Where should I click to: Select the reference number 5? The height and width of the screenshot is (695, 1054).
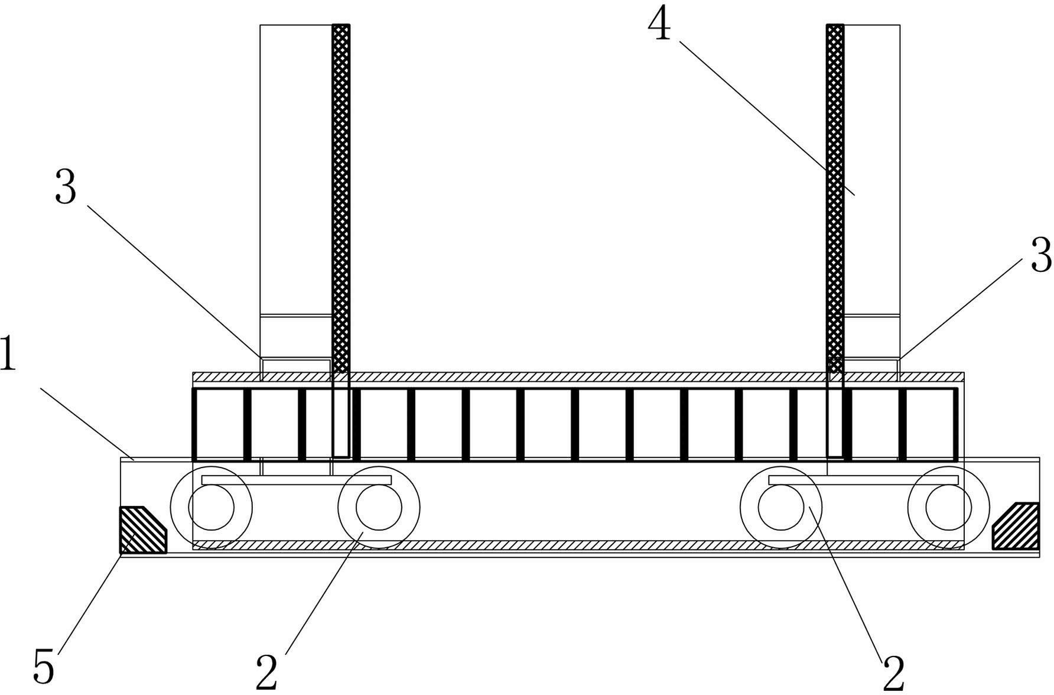point(44,665)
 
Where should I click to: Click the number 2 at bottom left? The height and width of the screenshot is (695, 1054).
point(266,672)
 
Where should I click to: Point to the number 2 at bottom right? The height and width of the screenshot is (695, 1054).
point(894,672)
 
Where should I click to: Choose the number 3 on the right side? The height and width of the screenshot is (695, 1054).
point(1041,255)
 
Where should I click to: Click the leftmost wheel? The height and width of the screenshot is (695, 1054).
point(211,507)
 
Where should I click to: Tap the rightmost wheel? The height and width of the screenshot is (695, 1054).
point(949,507)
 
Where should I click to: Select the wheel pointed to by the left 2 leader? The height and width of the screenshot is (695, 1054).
point(379,507)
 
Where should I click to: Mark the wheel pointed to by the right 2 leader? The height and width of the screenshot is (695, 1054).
point(781,507)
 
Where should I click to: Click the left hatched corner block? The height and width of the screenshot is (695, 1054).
point(143,530)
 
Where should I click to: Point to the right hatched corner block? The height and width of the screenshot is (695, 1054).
point(1015,526)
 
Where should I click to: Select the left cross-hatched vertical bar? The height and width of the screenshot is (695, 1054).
point(341,241)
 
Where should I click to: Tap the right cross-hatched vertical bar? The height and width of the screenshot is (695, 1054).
point(835,241)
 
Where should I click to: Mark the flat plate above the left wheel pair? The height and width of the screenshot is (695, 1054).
point(297,479)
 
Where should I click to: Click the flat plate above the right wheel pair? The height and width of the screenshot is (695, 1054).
point(864,479)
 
